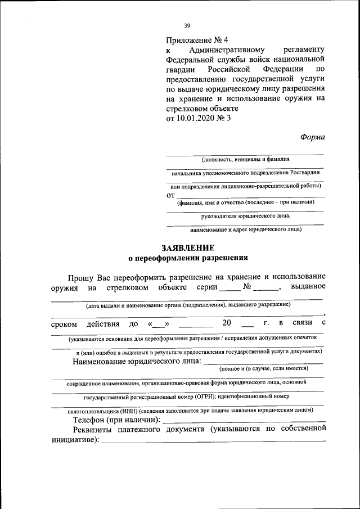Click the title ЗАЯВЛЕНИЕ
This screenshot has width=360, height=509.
(x=188, y=248)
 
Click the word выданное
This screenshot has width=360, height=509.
(x=308, y=287)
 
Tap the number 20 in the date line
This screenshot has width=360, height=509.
(x=227, y=323)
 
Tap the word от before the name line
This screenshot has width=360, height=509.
(x=170, y=195)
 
